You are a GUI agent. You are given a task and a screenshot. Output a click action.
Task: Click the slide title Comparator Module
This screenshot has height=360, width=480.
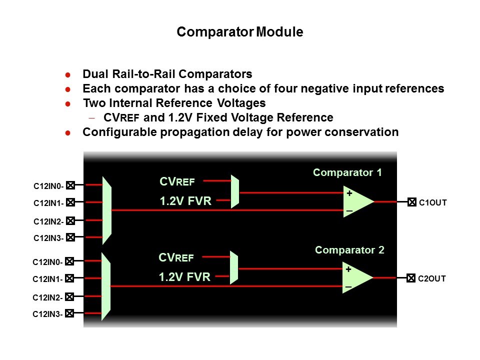pyautogui.click(x=240, y=32)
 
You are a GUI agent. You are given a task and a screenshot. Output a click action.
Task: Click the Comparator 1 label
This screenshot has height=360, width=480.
pyautogui.click(x=347, y=172)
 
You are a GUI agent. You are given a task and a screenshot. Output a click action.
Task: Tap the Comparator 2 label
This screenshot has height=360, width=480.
pyautogui.click(x=349, y=250)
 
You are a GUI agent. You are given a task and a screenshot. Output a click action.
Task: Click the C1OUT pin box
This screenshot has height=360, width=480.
pyautogui.click(x=411, y=202)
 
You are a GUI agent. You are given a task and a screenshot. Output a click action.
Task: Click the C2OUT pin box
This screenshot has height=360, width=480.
pyautogui.click(x=410, y=278)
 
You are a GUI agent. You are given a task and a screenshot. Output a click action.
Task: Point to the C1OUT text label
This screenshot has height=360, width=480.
pyautogui.click(x=432, y=203)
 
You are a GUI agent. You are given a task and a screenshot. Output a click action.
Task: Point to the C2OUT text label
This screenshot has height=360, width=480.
pyautogui.click(x=431, y=278)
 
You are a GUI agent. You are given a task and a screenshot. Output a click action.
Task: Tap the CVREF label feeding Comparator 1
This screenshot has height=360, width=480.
pyautogui.click(x=177, y=181)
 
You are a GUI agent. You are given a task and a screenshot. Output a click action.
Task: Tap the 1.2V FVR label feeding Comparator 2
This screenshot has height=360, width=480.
pyautogui.click(x=184, y=277)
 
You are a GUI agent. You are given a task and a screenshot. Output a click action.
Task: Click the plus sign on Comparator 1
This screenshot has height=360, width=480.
pyautogui.click(x=349, y=193)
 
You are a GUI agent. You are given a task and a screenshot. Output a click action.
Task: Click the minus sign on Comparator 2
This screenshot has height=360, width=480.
pyautogui.click(x=348, y=287)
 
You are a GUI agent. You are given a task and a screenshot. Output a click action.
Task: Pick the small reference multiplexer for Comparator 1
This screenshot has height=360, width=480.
pyautogui.click(x=235, y=191)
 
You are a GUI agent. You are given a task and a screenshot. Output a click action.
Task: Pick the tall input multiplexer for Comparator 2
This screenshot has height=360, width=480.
pyautogui.click(x=106, y=286)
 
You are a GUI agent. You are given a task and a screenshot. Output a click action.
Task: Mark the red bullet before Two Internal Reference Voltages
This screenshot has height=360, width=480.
pyautogui.click(x=68, y=104)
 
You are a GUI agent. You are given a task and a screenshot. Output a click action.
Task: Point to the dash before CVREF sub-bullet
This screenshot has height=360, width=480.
pyautogui.click(x=91, y=118)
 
